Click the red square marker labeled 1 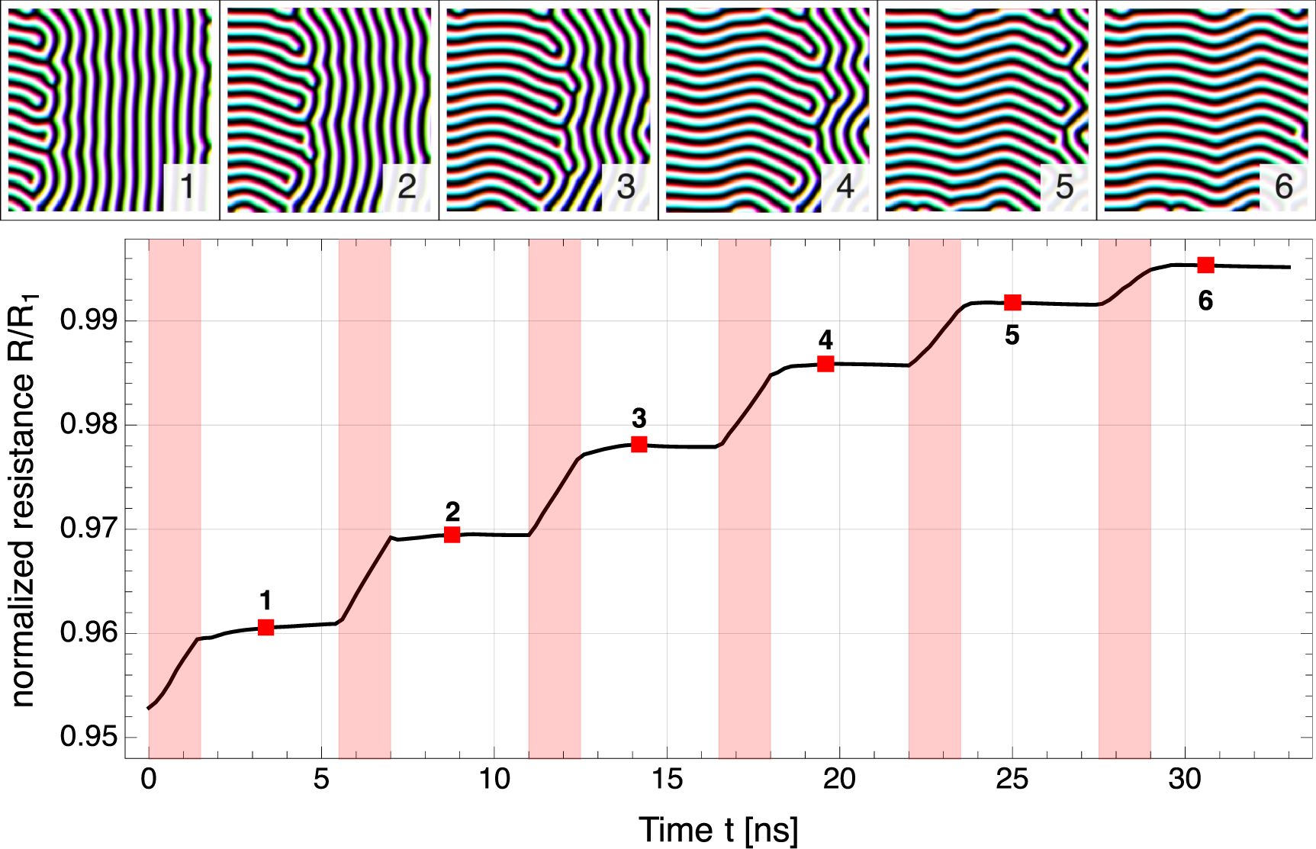coord(265,627)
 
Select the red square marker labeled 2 coord(452,535)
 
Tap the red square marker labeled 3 coord(639,444)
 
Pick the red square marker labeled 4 coord(825,364)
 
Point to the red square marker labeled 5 coord(1012,303)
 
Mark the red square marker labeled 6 coord(1205,265)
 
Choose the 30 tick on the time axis coord(1185,780)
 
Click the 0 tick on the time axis coord(149,780)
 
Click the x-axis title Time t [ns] coord(718,830)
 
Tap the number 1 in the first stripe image coord(185,186)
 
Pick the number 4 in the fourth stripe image coord(844,186)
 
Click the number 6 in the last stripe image coord(1283,186)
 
